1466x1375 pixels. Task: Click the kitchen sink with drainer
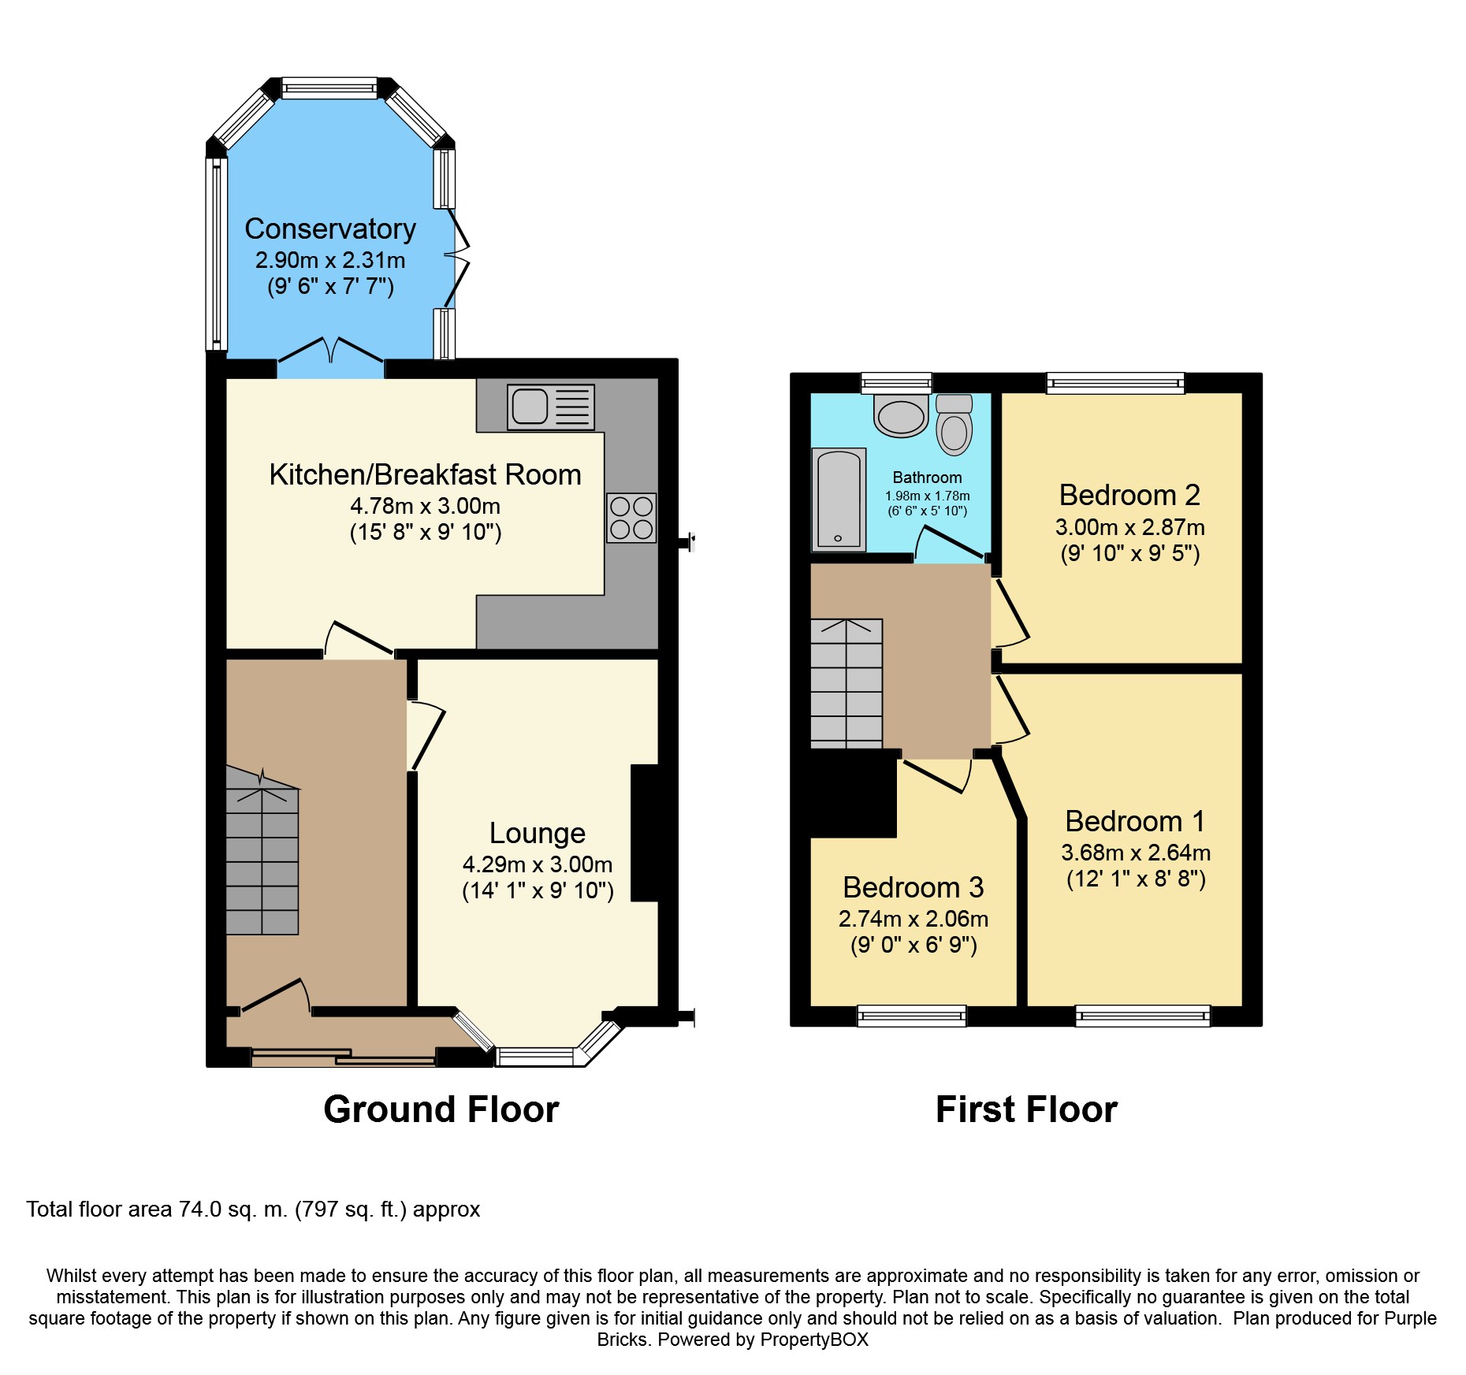tap(551, 407)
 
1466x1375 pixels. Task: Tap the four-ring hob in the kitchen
tap(631, 518)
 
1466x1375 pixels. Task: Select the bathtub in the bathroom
tap(839, 500)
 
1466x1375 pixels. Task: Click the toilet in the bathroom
tap(954, 425)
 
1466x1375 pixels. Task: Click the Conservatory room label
tap(330, 229)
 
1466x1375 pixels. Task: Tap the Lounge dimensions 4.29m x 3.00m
tap(538, 864)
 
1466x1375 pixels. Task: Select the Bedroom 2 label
tap(1129, 495)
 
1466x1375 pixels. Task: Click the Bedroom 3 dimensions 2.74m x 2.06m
tap(913, 919)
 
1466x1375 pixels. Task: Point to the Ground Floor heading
tap(441, 1109)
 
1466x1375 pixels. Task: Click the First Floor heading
tap(1026, 1109)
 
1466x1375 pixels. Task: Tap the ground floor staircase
tap(262, 851)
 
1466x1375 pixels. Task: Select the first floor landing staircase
tap(846, 683)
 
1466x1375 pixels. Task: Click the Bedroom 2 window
tap(1115, 383)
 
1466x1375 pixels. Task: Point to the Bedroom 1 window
tap(1143, 1016)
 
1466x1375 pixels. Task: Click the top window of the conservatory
tap(329, 87)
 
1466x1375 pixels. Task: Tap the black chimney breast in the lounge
tap(644, 832)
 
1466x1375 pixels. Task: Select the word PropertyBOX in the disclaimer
tap(814, 1340)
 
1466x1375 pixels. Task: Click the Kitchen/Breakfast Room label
tap(425, 474)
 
